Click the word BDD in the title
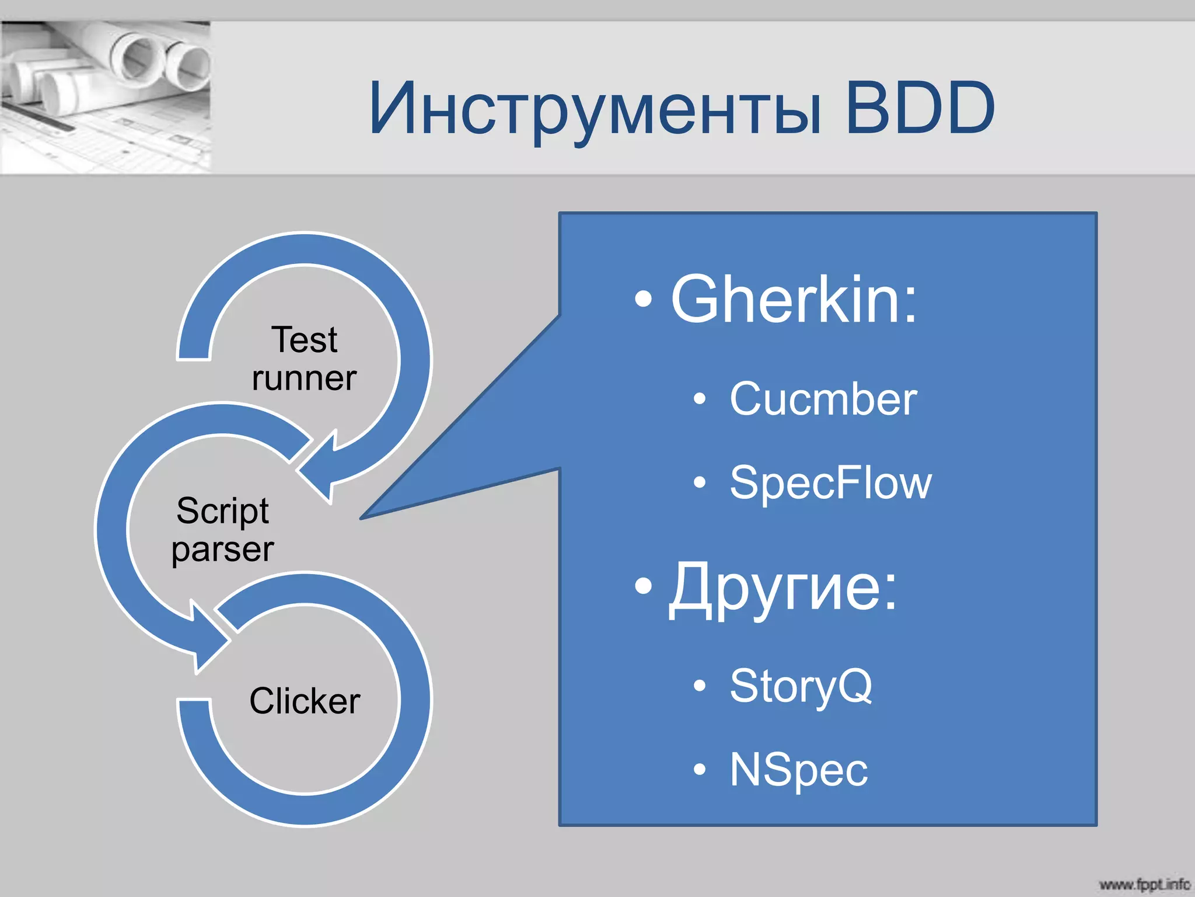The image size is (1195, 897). click(x=920, y=108)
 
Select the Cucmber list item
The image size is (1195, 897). click(x=823, y=399)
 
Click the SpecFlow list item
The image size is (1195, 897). click(x=830, y=483)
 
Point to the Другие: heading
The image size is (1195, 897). click(x=782, y=587)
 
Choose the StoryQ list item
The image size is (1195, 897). click(x=801, y=686)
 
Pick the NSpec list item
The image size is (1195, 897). click(x=798, y=770)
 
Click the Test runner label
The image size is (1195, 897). click(x=304, y=359)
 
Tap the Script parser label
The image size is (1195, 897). click(x=222, y=530)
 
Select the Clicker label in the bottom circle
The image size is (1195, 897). click(x=305, y=701)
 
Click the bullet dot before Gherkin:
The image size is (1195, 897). click(x=643, y=299)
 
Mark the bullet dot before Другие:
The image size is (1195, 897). click(x=643, y=586)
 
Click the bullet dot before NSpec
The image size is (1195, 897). click(x=700, y=770)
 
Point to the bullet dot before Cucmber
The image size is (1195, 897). click(x=700, y=399)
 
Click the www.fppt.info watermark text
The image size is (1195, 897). click(x=1144, y=884)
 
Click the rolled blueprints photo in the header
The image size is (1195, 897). click(x=105, y=96)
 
